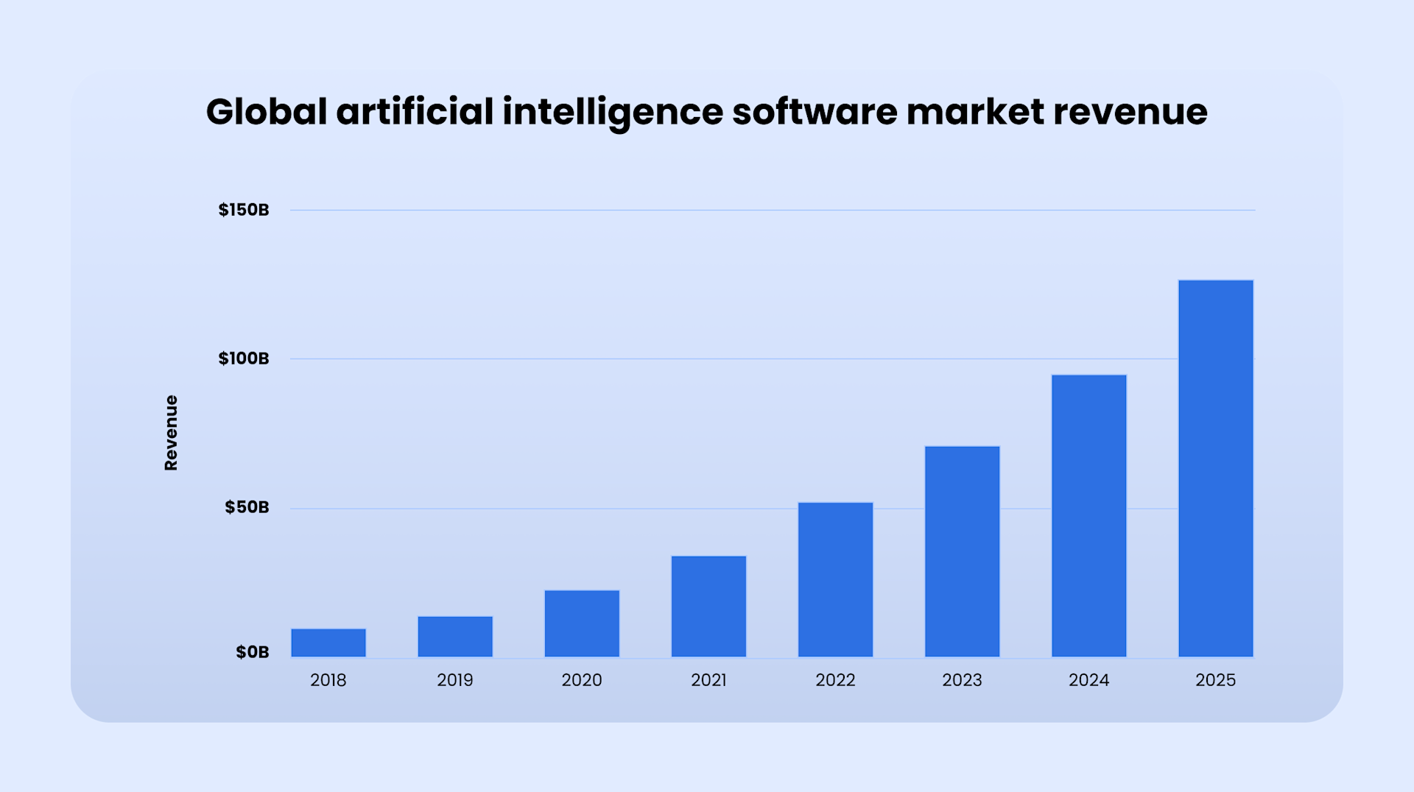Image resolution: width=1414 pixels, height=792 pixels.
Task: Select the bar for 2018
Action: pyautogui.click(x=328, y=643)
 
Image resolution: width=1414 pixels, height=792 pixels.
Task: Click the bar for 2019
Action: pyautogui.click(x=455, y=637)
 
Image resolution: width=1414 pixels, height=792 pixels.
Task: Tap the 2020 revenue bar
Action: pyautogui.click(x=582, y=623)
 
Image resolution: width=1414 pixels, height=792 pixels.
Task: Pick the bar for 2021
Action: pyautogui.click(x=708, y=607)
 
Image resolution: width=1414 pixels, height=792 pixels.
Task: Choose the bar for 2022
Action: pyautogui.click(x=835, y=580)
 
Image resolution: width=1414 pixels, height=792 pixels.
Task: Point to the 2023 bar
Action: pyautogui.click(x=962, y=551)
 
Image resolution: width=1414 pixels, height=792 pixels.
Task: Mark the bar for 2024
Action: pyautogui.click(x=1088, y=516)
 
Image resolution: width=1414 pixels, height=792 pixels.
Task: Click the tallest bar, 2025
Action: pyautogui.click(x=1215, y=468)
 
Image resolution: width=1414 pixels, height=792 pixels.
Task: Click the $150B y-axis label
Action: pyautogui.click(x=244, y=210)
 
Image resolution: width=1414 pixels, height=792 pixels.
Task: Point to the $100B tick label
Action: pyautogui.click(x=244, y=358)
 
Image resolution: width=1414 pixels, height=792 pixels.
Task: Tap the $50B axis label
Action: pyautogui.click(x=247, y=507)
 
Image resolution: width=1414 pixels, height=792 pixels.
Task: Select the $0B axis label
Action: pyautogui.click(x=252, y=652)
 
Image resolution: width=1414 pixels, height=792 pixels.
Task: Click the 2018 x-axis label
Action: pyautogui.click(x=328, y=680)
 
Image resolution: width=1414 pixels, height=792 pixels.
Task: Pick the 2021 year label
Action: pyautogui.click(x=708, y=680)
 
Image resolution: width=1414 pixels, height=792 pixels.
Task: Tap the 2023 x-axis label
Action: pyautogui.click(x=962, y=680)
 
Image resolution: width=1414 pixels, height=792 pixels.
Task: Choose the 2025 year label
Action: pyautogui.click(x=1215, y=680)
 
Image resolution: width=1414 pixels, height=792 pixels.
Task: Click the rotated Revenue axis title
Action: pyautogui.click(x=171, y=433)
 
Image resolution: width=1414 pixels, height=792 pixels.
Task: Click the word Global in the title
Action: pyautogui.click(x=266, y=112)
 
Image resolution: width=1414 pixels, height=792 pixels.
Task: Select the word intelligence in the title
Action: pyautogui.click(x=613, y=112)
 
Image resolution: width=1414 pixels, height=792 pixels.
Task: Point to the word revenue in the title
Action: pyautogui.click(x=1130, y=112)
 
